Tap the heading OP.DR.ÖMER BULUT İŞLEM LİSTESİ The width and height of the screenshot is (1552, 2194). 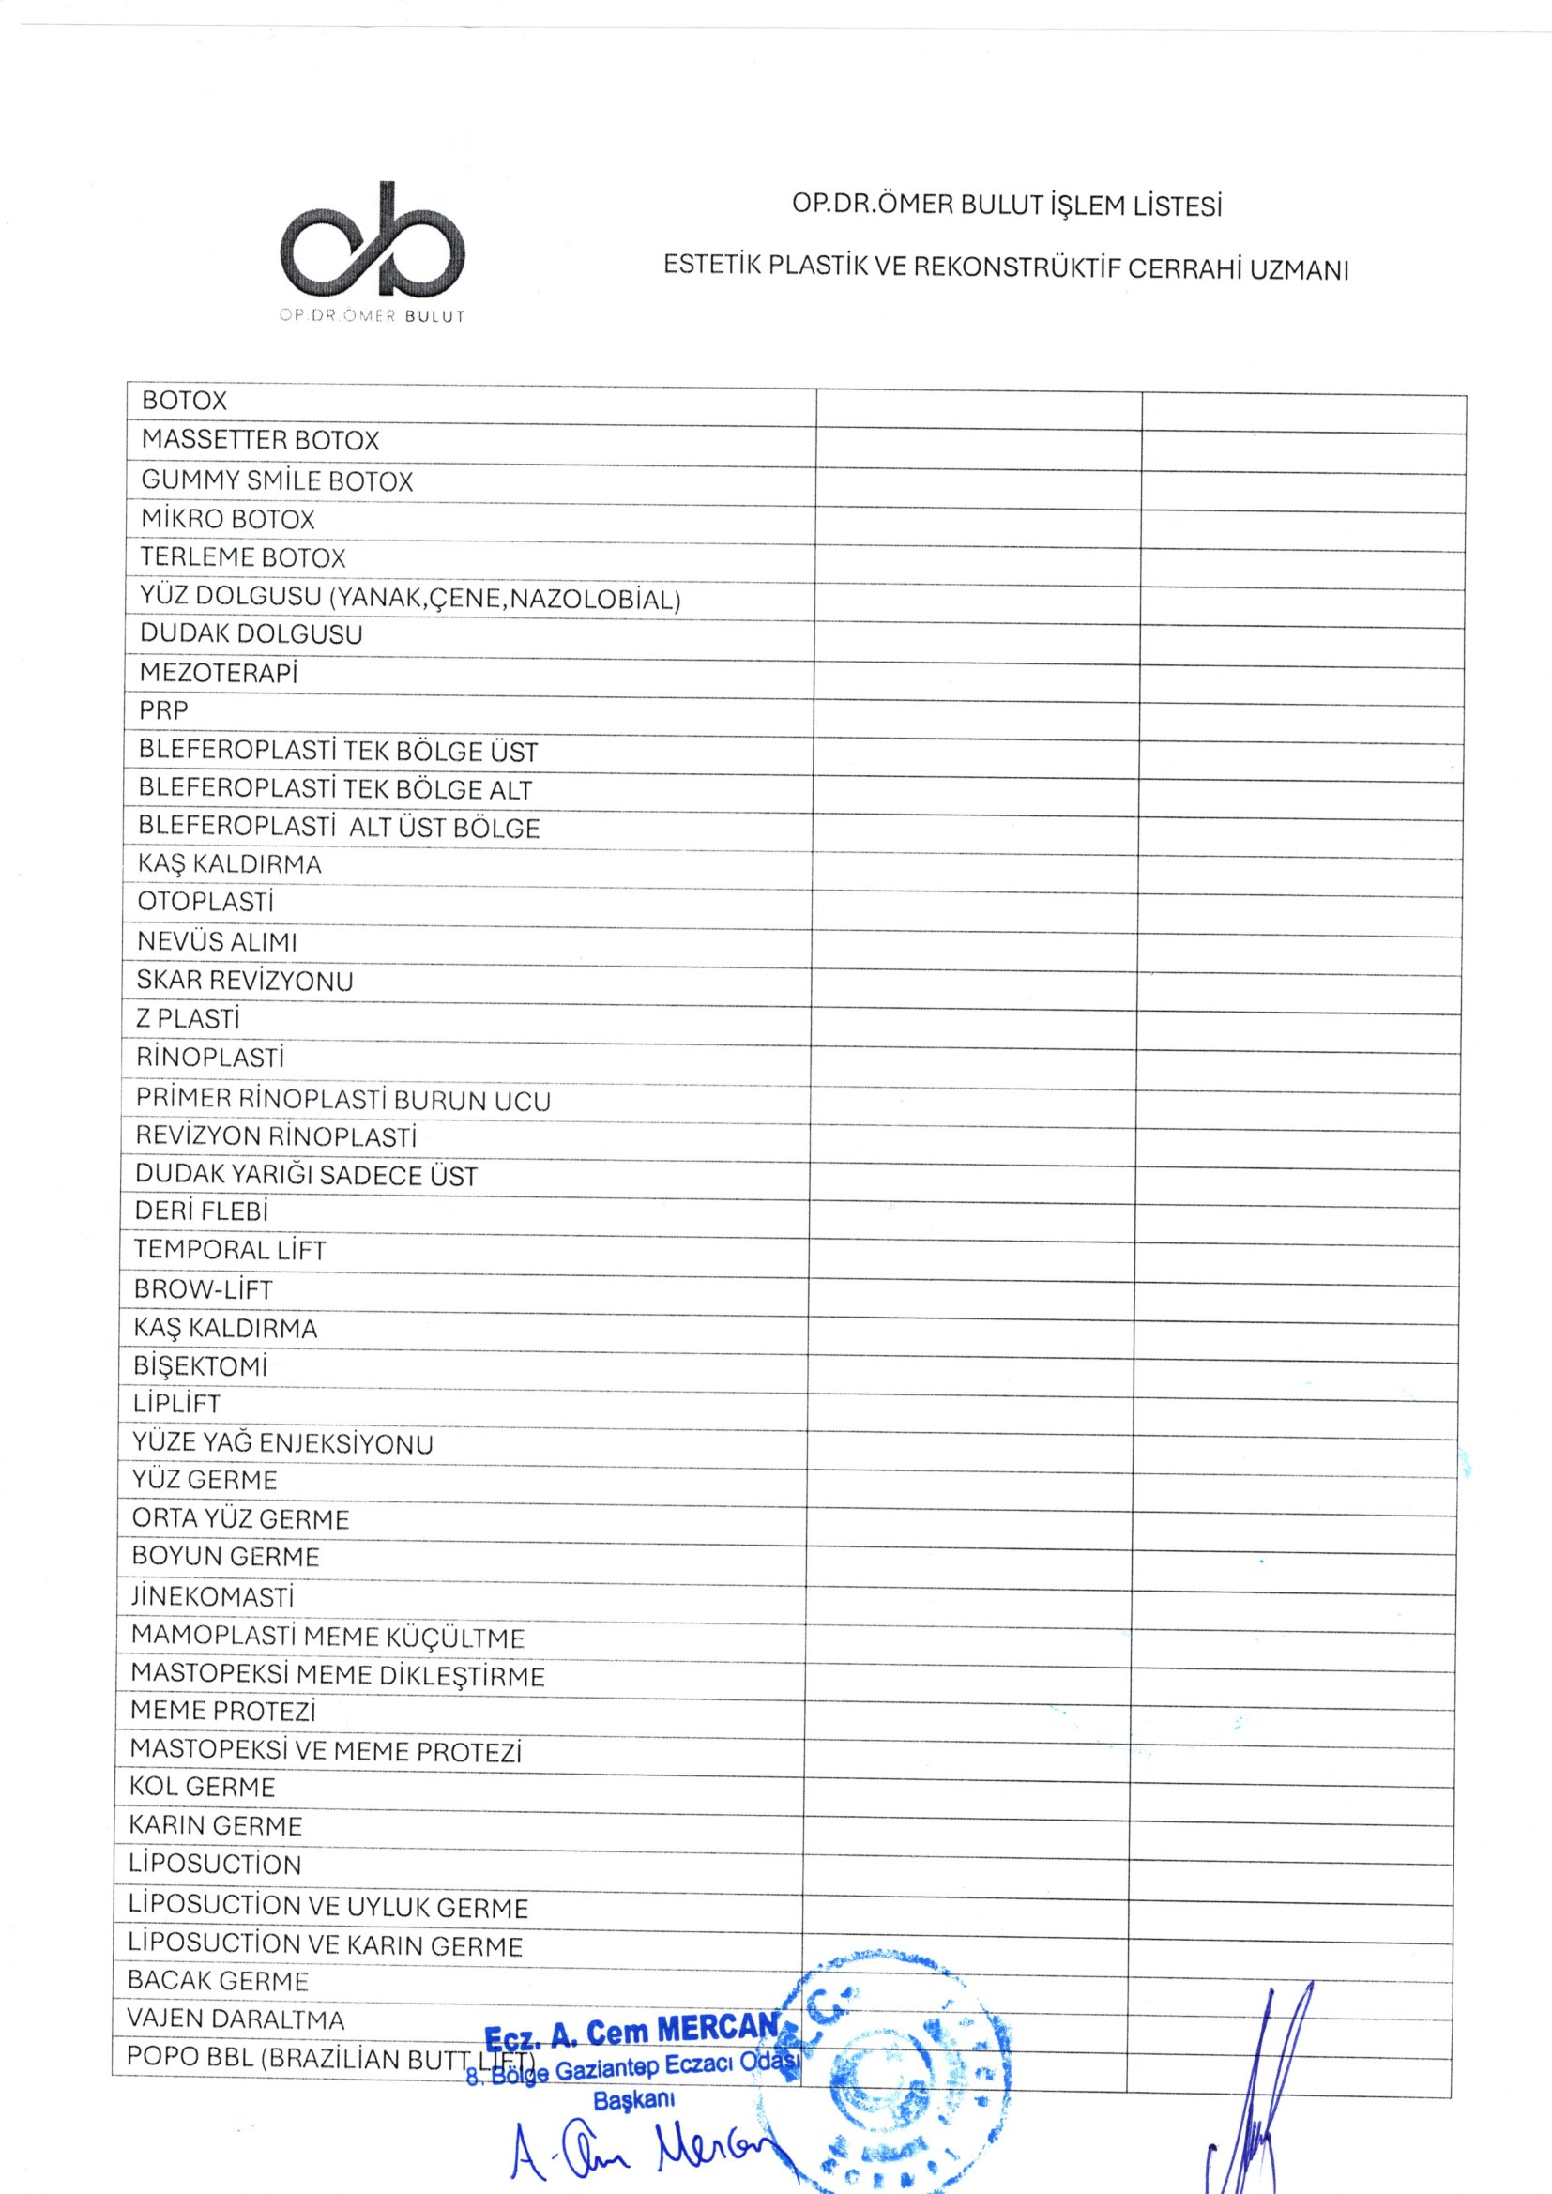pos(1007,206)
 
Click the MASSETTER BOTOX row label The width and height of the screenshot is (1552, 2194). pos(260,440)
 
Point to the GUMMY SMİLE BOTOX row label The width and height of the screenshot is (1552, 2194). pos(277,480)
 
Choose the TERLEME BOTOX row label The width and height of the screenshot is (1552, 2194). pos(243,558)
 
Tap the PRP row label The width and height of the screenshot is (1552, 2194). pos(164,711)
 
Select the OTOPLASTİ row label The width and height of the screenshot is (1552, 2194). pos(205,902)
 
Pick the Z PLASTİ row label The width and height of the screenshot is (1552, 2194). pos(188,1020)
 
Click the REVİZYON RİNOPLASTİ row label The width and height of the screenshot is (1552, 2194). pos(276,1137)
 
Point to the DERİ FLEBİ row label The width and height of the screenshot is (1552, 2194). pos(202,1211)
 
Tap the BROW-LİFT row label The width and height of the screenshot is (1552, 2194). pos(203,1289)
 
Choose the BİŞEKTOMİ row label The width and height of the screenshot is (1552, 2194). pos(200,1366)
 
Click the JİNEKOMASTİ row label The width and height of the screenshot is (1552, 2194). pos(212,1598)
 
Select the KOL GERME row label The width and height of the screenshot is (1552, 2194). pos(203,1787)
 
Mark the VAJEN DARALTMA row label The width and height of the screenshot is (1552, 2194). pos(236,2019)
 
